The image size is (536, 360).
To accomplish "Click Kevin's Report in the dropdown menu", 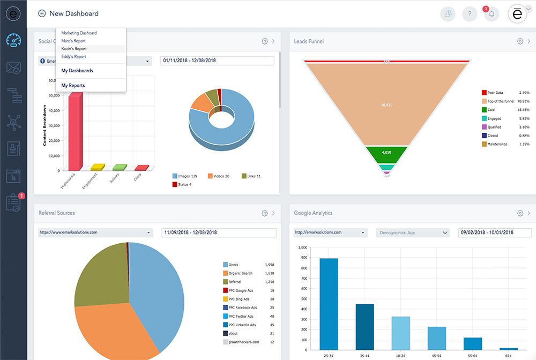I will click(74, 49).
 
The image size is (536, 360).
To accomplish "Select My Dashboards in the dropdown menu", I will click(77, 71).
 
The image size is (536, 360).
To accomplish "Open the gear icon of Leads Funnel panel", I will click(520, 41).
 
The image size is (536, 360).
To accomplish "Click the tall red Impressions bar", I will click(75, 131).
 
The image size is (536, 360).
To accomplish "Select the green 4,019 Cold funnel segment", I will click(386, 153).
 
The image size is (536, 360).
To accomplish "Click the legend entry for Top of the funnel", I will click(500, 101).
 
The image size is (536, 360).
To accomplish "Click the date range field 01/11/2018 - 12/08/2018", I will click(217, 61).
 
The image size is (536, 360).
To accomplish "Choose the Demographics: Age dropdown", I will click(413, 232).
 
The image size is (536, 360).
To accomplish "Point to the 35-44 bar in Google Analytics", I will click(364, 327).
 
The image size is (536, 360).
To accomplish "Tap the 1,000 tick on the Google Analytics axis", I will click(302, 247).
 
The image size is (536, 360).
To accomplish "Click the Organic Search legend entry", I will click(240, 273).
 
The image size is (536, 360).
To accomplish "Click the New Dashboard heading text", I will click(74, 13).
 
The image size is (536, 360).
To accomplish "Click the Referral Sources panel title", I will click(57, 213).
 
